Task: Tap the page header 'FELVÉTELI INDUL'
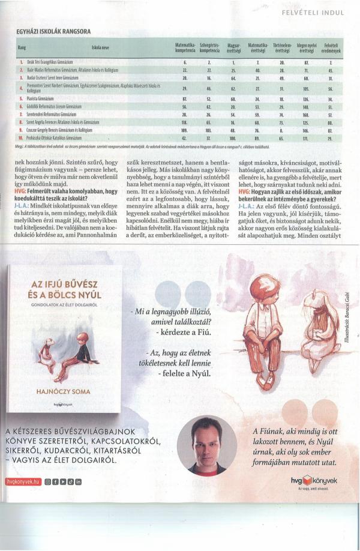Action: pyautogui.click(x=317, y=11)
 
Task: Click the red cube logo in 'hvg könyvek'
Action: pyautogui.click(x=309, y=478)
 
